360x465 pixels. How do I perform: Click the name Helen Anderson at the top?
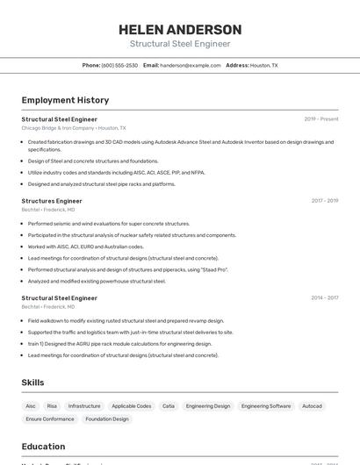(x=180, y=30)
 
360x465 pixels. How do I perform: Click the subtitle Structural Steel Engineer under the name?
(x=180, y=44)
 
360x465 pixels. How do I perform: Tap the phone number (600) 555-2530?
(x=119, y=65)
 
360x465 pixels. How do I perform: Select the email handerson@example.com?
(x=191, y=65)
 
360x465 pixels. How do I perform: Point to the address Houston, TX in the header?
(x=263, y=65)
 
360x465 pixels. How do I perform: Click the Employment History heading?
(x=65, y=100)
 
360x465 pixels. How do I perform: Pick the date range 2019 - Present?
(x=320, y=119)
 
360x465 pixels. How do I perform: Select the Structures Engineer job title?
(x=52, y=201)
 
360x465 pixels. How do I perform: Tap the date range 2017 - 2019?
(x=324, y=201)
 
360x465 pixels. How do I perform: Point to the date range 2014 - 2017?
(x=324, y=298)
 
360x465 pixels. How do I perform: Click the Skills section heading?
(x=32, y=383)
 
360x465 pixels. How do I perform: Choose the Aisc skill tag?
(x=31, y=406)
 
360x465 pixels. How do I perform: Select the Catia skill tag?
(x=169, y=406)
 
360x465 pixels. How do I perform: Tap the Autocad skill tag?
(x=312, y=406)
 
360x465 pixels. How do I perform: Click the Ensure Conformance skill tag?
(x=50, y=419)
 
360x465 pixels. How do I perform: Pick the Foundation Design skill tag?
(x=107, y=419)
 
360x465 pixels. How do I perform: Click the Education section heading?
(x=43, y=446)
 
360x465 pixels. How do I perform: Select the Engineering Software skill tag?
(x=266, y=406)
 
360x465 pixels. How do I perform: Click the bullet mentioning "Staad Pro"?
(x=127, y=269)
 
